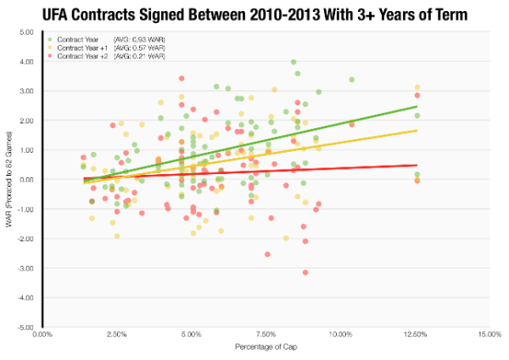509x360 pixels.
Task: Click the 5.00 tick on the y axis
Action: coord(25,31)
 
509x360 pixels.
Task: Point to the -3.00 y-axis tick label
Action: coord(25,268)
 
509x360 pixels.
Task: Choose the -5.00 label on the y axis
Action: coord(25,328)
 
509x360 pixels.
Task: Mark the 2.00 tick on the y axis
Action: coord(25,121)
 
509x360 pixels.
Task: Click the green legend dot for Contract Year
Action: coord(51,39)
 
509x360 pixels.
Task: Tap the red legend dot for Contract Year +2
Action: coord(51,55)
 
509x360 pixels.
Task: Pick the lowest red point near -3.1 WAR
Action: coord(305,272)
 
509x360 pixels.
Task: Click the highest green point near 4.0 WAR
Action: coord(294,62)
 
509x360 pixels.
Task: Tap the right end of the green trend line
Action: coord(417,106)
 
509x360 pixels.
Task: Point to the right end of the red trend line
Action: coord(417,165)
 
